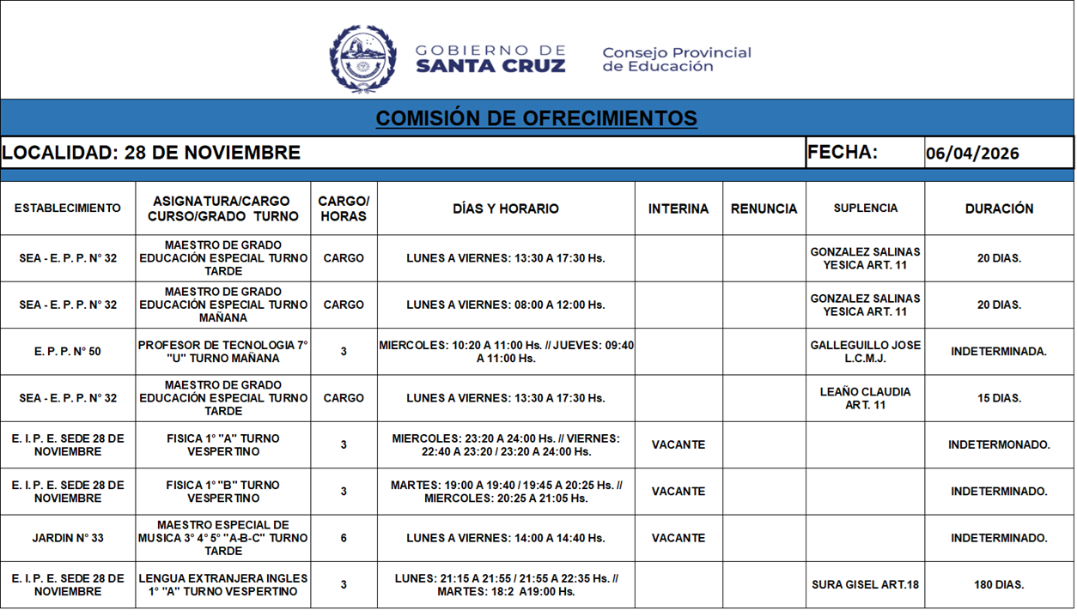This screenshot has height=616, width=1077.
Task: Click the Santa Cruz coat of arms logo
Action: (362, 58)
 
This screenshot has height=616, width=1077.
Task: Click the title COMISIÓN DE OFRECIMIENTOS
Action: (536, 118)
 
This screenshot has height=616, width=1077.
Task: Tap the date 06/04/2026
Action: (972, 154)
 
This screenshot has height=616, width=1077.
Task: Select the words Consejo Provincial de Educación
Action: (676, 59)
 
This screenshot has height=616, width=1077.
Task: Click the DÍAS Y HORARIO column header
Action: (506, 208)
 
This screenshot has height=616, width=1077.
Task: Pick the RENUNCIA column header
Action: (764, 208)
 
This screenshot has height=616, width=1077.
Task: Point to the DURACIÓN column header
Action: (999, 208)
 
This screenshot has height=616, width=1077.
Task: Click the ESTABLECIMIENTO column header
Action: (68, 208)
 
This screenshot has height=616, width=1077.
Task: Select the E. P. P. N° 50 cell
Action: (68, 352)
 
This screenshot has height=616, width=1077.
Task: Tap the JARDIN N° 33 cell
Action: (68, 538)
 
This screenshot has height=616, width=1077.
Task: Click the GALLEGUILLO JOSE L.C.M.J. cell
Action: (865, 352)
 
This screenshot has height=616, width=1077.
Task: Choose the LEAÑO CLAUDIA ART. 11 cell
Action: (865, 398)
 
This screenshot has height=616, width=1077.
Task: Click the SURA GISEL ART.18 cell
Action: (865, 585)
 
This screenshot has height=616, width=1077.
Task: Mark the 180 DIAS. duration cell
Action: (999, 585)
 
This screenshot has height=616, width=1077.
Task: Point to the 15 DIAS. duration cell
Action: (999, 398)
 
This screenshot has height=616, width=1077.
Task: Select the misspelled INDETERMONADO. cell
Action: (999, 445)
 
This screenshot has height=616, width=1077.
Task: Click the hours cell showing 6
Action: (344, 538)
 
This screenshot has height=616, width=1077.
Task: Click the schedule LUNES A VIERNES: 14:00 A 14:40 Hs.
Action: (506, 538)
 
